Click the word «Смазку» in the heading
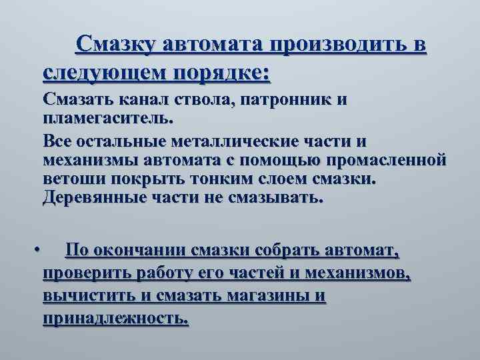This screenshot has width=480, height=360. click(115, 44)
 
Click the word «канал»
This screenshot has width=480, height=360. click(147, 101)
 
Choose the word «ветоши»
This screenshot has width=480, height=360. click(70, 179)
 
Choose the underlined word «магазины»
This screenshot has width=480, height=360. click(271, 296)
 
